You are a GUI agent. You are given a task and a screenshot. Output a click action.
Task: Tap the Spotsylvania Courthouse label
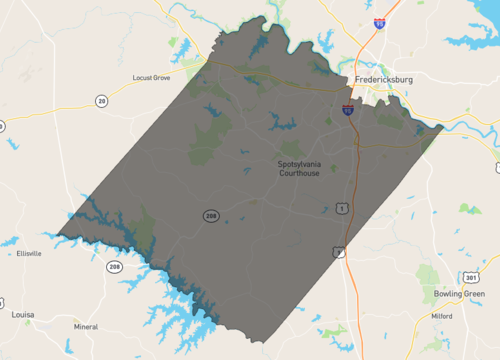tap(302, 167)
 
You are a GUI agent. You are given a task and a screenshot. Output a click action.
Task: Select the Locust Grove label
tap(152, 77)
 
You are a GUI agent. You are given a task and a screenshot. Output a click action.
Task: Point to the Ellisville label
tap(29, 254)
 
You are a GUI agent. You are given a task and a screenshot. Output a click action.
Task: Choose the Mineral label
tap(86, 326)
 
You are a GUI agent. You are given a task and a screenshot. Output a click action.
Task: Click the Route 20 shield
tap(101, 100)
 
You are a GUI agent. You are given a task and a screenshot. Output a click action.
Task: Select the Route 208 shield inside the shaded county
tap(211, 216)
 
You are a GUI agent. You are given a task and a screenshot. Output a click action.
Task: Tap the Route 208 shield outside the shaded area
tap(115, 268)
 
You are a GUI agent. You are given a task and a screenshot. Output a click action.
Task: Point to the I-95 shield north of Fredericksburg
tap(380, 21)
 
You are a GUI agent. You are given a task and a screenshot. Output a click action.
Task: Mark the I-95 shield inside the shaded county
tap(347, 111)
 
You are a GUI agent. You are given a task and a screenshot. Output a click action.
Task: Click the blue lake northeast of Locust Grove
tap(182, 45)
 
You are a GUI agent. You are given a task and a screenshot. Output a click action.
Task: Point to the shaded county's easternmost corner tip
tap(443, 126)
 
